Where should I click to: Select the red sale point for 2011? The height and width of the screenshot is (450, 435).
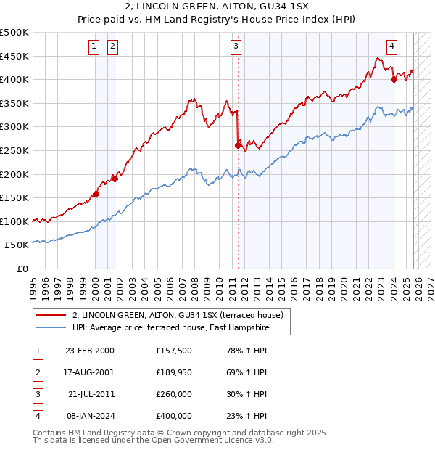tap(238, 145)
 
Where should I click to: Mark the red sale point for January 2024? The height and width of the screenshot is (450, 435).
tap(394, 79)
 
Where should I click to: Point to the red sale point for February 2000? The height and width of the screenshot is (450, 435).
tap(96, 194)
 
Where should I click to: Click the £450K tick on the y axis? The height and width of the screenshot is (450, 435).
tap(14, 56)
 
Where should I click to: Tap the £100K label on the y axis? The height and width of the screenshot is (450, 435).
tap(14, 221)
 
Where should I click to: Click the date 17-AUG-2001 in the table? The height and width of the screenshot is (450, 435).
tap(89, 372)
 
